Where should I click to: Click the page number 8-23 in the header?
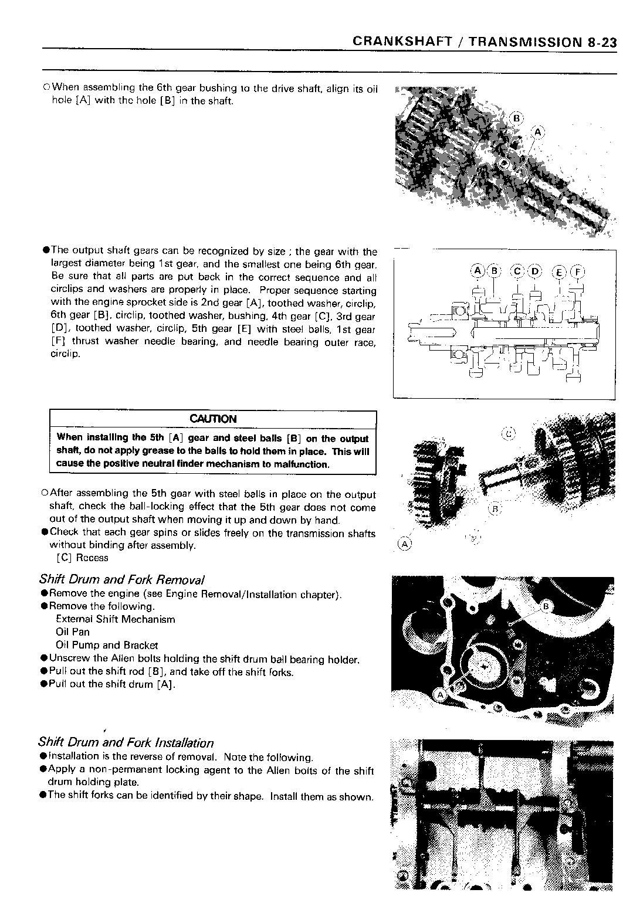tap(601, 42)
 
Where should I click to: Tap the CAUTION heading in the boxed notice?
tap(213, 419)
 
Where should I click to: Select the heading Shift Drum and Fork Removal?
tap(121, 580)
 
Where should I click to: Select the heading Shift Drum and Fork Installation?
tap(126, 743)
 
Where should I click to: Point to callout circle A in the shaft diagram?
tap(478, 271)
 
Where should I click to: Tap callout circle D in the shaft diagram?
tap(535, 271)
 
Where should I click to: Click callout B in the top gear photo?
tap(516, 118)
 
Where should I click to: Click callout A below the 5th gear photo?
tap(404, 544)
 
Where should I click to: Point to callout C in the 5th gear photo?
tap(509, 434)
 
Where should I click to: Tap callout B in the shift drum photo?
tap(546, 606)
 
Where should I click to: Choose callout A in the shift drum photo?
tap(439, 695)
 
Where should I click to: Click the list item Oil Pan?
tap(73, 632)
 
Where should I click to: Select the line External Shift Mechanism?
tap(115, 619)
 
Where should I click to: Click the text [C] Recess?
tap(82, 558)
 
